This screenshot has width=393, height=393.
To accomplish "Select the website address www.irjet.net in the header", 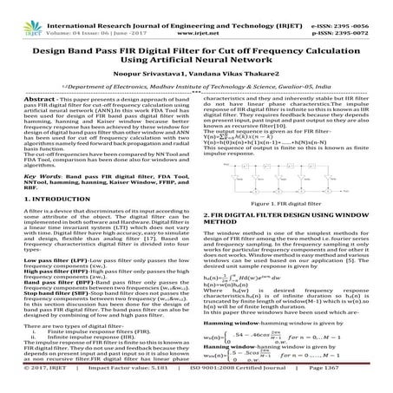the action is coord(197,16).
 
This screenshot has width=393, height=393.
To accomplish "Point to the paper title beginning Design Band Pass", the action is coord(196,39).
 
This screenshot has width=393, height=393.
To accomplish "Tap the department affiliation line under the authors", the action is coord(196,75).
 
